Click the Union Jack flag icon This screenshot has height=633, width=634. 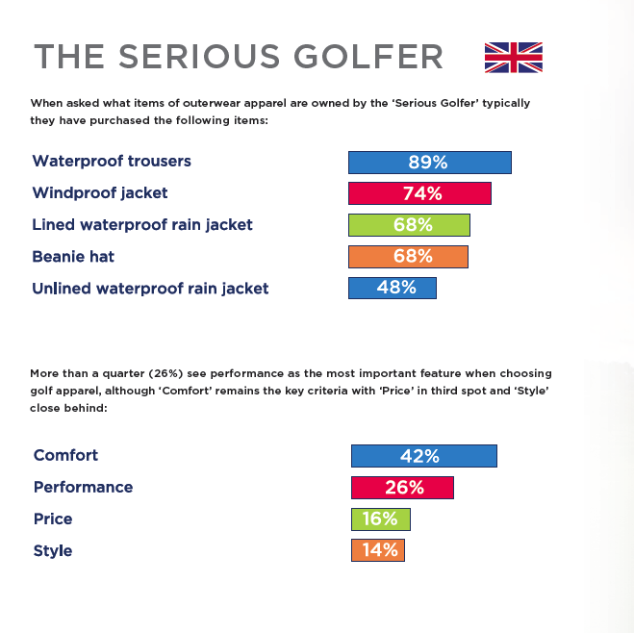[514, 57]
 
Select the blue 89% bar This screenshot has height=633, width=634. [429, 162]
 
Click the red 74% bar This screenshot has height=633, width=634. [419, 193]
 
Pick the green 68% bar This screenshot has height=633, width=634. [409, 225]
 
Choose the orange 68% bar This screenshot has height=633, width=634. [408, 257]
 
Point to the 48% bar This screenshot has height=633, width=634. [393, 289]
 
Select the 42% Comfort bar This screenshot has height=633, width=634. [424, 456]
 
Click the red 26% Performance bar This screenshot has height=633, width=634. [402, 488]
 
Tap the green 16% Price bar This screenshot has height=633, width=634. [381, 519]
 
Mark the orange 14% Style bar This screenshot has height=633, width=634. [378, 551]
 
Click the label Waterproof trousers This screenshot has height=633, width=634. [112, 162]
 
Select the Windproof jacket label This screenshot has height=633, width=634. [100, 193]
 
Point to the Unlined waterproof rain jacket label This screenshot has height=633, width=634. [150, 289]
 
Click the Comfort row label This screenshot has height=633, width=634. [66, 456]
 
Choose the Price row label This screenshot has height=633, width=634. [54, 519]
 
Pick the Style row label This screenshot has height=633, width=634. [54, 551]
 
